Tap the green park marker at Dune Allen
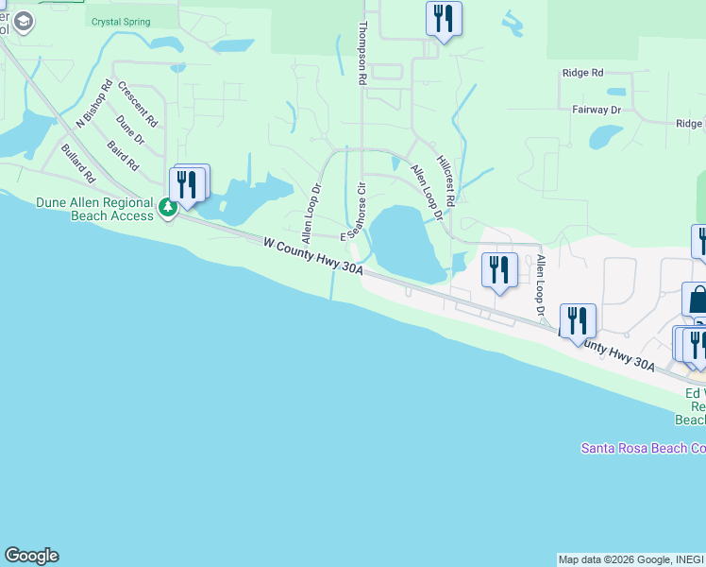click(168, 207)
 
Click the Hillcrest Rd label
click(446, 181)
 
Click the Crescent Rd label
click(138, 104)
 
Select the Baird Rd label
click(123, 155)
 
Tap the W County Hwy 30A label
click(313, 256)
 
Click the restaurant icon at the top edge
click(443, 18)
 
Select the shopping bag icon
click(697, 300)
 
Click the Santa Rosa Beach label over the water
click(643, 447)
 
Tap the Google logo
click(31, 556)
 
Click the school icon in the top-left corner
click(23, 22)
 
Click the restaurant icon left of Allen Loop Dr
click(499, 269)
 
